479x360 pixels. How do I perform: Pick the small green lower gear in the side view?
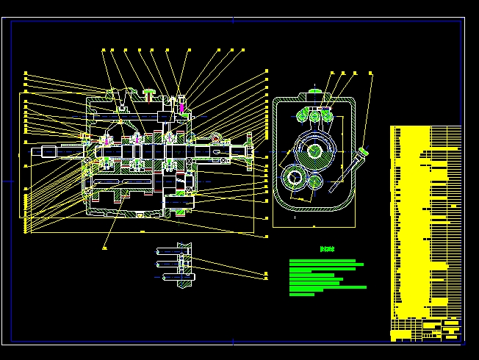click(x=314, y=181)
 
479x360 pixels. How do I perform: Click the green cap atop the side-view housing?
click(x=314, y=93)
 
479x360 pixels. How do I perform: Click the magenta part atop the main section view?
click(x=181, y=109)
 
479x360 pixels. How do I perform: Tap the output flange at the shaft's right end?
click(x=249, y=154)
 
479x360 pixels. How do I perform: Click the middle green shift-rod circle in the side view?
click(x=315, y=116)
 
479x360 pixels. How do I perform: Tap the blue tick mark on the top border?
click(x=233, y=20)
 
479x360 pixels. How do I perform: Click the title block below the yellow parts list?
click(x=426, y=329)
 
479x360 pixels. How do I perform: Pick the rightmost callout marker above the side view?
click(x=371, y=73)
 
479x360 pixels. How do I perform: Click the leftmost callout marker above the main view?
click(x=103, y=50)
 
